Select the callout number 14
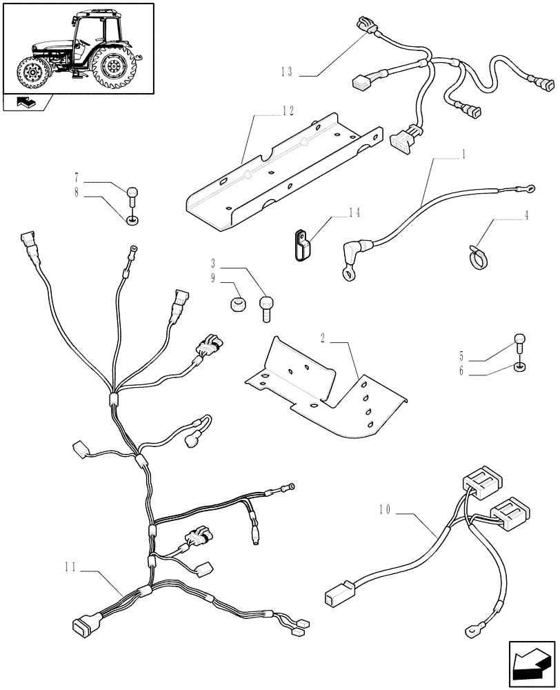[x=354, y=213]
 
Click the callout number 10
[x=386, y=511]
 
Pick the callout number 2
[x=322, y=337]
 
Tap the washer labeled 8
[x=132, y=220]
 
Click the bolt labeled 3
[x=267, y=307]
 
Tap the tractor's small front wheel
[x=32, y=72]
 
